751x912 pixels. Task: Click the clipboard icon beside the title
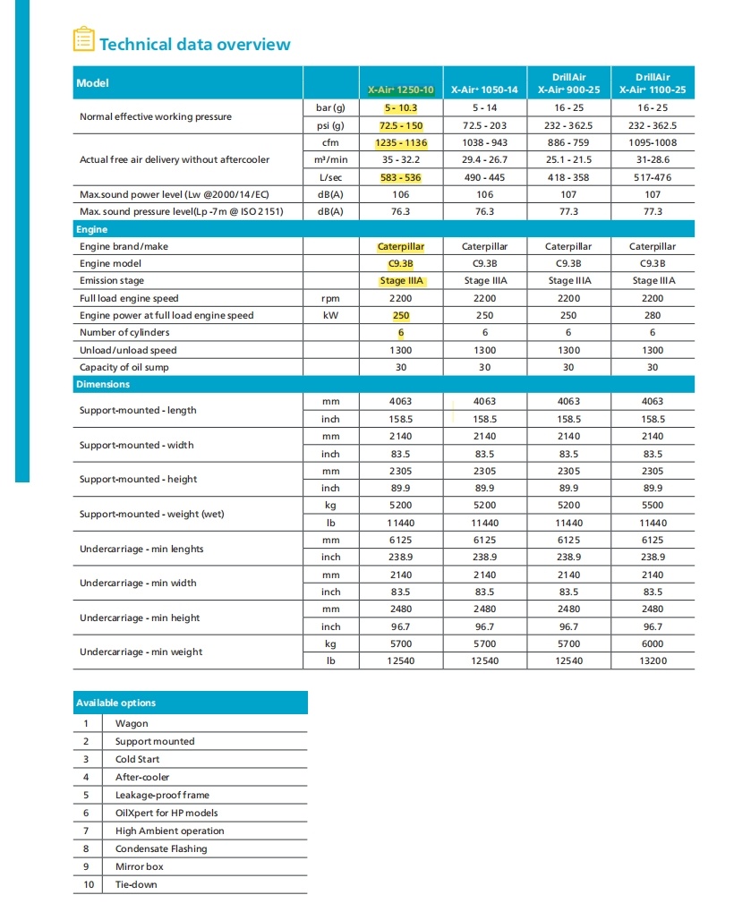[83, 40]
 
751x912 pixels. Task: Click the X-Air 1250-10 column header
[401, 89]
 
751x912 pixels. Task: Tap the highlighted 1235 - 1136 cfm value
[401, 143]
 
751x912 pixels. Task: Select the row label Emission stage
[111, 281]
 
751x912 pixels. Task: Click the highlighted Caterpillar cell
[401, 246]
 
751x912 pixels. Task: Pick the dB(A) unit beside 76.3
[330, 212]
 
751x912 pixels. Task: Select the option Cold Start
[137, 759]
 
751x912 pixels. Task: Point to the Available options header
[115, 703]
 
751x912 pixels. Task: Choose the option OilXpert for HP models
[166, 813]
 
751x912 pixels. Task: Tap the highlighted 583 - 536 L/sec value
[401, 177]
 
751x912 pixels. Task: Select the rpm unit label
[330, 298]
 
